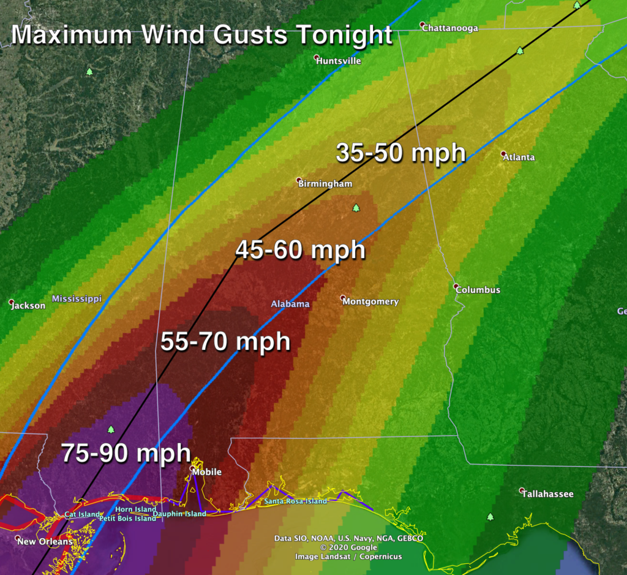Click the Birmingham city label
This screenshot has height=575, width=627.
pyautogui.click(x=325, y=184)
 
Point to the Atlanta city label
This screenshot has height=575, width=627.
pyautogui.click(x=519, y=157)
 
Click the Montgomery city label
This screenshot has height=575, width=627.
pyautogui.click(x=370, y=302)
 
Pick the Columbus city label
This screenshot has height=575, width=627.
pyautogui.click(x=478, y=290)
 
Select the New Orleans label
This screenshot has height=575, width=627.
pyautogui.click(x=44, y=541)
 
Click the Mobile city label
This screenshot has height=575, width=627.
pyautogui.click(x=207, y=472)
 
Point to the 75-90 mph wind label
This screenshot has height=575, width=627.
pyautogui.click(x=126, y=454)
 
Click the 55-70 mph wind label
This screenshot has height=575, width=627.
pyautogui.click(x=225, y=341)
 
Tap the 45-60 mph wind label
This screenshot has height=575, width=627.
pyautogui.click(x=300, y=250)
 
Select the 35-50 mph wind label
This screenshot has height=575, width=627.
pyautogui.click(x=400, y=153)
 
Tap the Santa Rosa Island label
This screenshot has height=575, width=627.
pyautogui.click(x=296, y=501)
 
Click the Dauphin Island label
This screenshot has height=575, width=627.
pyautogui.click(x=183, y=514)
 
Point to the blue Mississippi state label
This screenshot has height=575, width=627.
pyautogui.click(x=77, y=299)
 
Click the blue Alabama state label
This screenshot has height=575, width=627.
pyautogui.click(x=290, y=304)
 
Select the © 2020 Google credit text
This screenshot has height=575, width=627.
pyautogui.click(x=348, y=547)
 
